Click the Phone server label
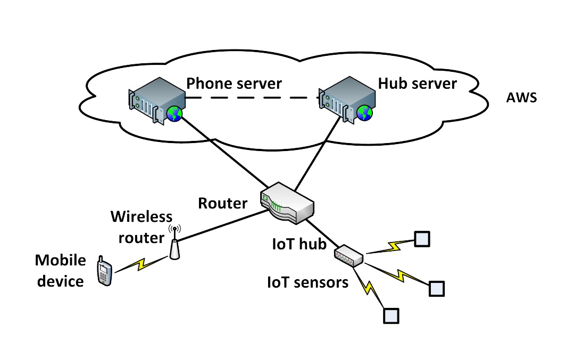pyautogui.click(x=234, y=83)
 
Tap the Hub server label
pyautogui.click(x=417, y=83)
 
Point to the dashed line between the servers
pyautogui.click(x=249, y=98)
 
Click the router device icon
pyautogui.click(x=287, y=203)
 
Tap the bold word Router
pyautogui.click(x=223, y=203)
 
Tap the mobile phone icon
pyautogui.click(x=104, y=272)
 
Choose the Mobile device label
pyautogui.click(x=60, y=270)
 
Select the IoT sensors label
pyautogui.click(x=307, y=282)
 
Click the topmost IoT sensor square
pyautogui.click(x=422, y=239)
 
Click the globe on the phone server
pyautogui.click(x=174, y=113)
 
